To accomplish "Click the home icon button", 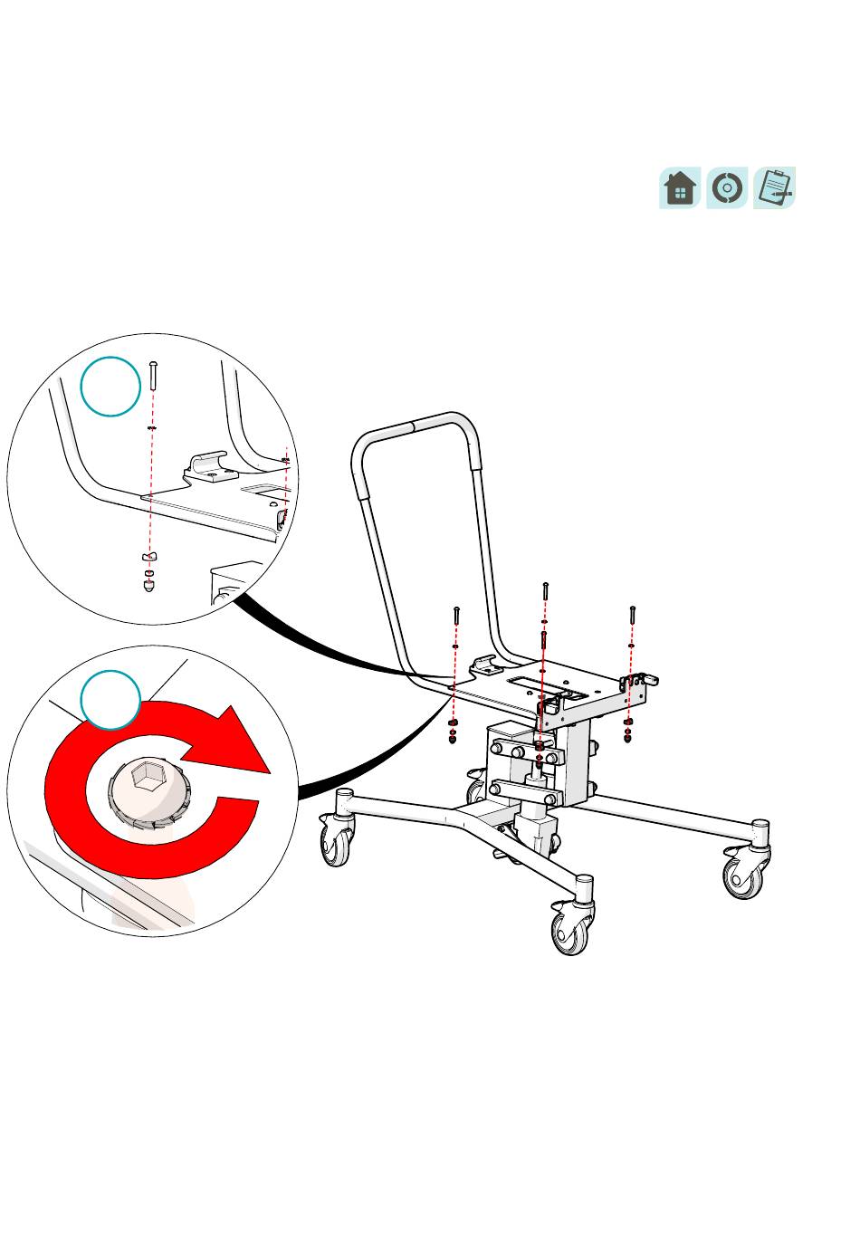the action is coord(680,188).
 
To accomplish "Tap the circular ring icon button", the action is coord(727,188).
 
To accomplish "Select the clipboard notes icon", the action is coord(774,188).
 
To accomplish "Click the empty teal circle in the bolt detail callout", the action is coord(110,387).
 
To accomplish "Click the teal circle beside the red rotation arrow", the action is coord(110,700).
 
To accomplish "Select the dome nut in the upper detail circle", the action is coord(149,585).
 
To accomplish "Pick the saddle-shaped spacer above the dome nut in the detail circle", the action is coord(149,555).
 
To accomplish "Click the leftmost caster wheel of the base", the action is coord(337,845).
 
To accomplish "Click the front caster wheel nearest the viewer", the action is coord(570,932).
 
